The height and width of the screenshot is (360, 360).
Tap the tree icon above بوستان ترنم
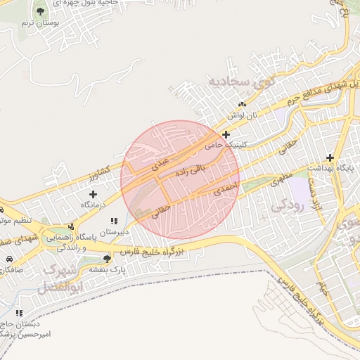click(40, 11)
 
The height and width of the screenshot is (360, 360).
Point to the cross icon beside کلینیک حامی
click(226, 134)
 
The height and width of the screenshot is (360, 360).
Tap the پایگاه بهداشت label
click(336, 171)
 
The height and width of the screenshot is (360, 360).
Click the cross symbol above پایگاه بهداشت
click(330, 159)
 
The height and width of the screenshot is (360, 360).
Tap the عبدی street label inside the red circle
click(161, 163)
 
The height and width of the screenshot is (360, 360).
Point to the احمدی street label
click(227, 187)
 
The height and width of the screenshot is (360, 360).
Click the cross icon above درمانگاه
click(93, 193)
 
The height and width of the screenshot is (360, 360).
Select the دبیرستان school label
click(113, 231)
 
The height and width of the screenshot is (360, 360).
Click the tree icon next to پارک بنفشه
click(107, 258)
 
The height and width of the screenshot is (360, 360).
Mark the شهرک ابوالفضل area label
click(63, 278)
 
